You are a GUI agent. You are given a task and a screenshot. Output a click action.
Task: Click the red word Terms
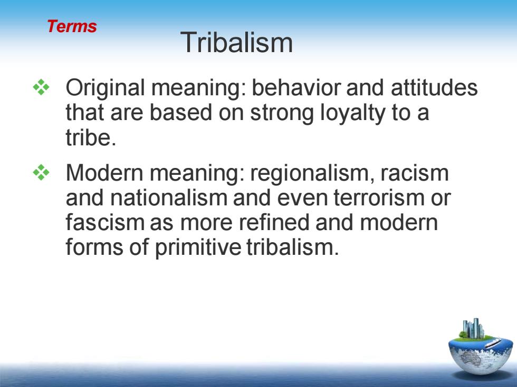coord(72,26)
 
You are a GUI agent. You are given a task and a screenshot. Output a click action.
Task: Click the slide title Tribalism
coord(236,42)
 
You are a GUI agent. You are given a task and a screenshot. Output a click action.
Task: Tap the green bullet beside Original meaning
coord(41,87)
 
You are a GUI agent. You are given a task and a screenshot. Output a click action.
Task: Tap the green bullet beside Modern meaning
coord(41,172)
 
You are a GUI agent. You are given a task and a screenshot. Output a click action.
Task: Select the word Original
coord(105,88)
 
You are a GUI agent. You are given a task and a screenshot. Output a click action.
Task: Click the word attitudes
coord(434,88)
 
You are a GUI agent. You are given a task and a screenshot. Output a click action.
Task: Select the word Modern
coord(104,173)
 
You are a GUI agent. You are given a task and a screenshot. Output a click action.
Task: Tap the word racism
coord(415,173)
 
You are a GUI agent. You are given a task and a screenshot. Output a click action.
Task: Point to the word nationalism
coord(168,197)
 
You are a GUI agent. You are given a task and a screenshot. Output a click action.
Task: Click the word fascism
coord(105,222)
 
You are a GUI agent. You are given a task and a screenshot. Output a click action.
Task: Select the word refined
coord(274,222)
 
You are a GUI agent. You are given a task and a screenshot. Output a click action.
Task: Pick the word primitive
coord(198,247)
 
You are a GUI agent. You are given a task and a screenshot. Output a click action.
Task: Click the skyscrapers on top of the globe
coord(473,328)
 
